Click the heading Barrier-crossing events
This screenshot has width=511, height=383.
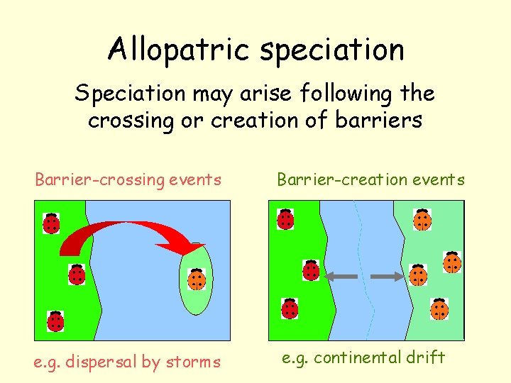click(x=128, y=180)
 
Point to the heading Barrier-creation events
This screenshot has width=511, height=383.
click(x=371, y=180)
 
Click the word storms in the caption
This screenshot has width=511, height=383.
click(x=194, y=362)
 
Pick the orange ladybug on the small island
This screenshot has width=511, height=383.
click(x=196, y=279)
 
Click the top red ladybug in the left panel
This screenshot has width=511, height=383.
click(x=51, y=223)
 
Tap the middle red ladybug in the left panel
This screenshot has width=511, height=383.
click(x=77, y=273)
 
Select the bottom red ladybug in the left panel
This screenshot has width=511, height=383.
click(x=55, y=321)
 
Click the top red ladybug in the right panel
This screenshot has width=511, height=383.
click(x=285, y=218)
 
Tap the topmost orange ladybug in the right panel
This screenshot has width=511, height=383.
click(x=422, y=219)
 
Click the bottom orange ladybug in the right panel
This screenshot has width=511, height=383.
click(x=439, y=309)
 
